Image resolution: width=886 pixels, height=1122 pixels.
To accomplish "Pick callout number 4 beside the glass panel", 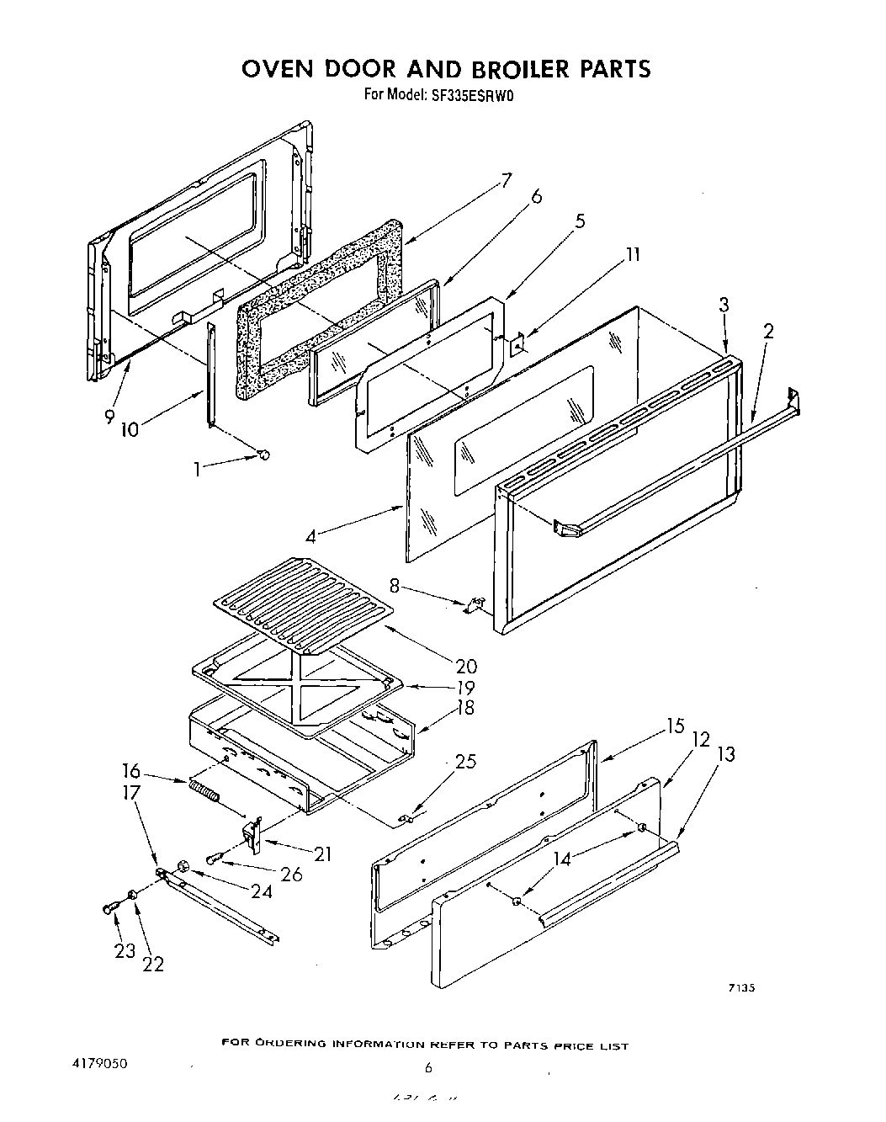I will [x=312, y=535].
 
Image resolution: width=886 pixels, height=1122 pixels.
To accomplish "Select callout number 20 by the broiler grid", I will [x=465, y=667].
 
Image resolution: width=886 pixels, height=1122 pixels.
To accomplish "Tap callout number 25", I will [x=465, y=762].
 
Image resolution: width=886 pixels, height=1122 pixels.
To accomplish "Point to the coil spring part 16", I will [x=204, y=792].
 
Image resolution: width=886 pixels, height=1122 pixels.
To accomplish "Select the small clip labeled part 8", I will [x=475, y=604].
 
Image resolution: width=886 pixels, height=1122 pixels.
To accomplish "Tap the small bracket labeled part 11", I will [x=519, y=342].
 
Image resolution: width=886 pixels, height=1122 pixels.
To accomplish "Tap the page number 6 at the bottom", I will [x=427, y=1067].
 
